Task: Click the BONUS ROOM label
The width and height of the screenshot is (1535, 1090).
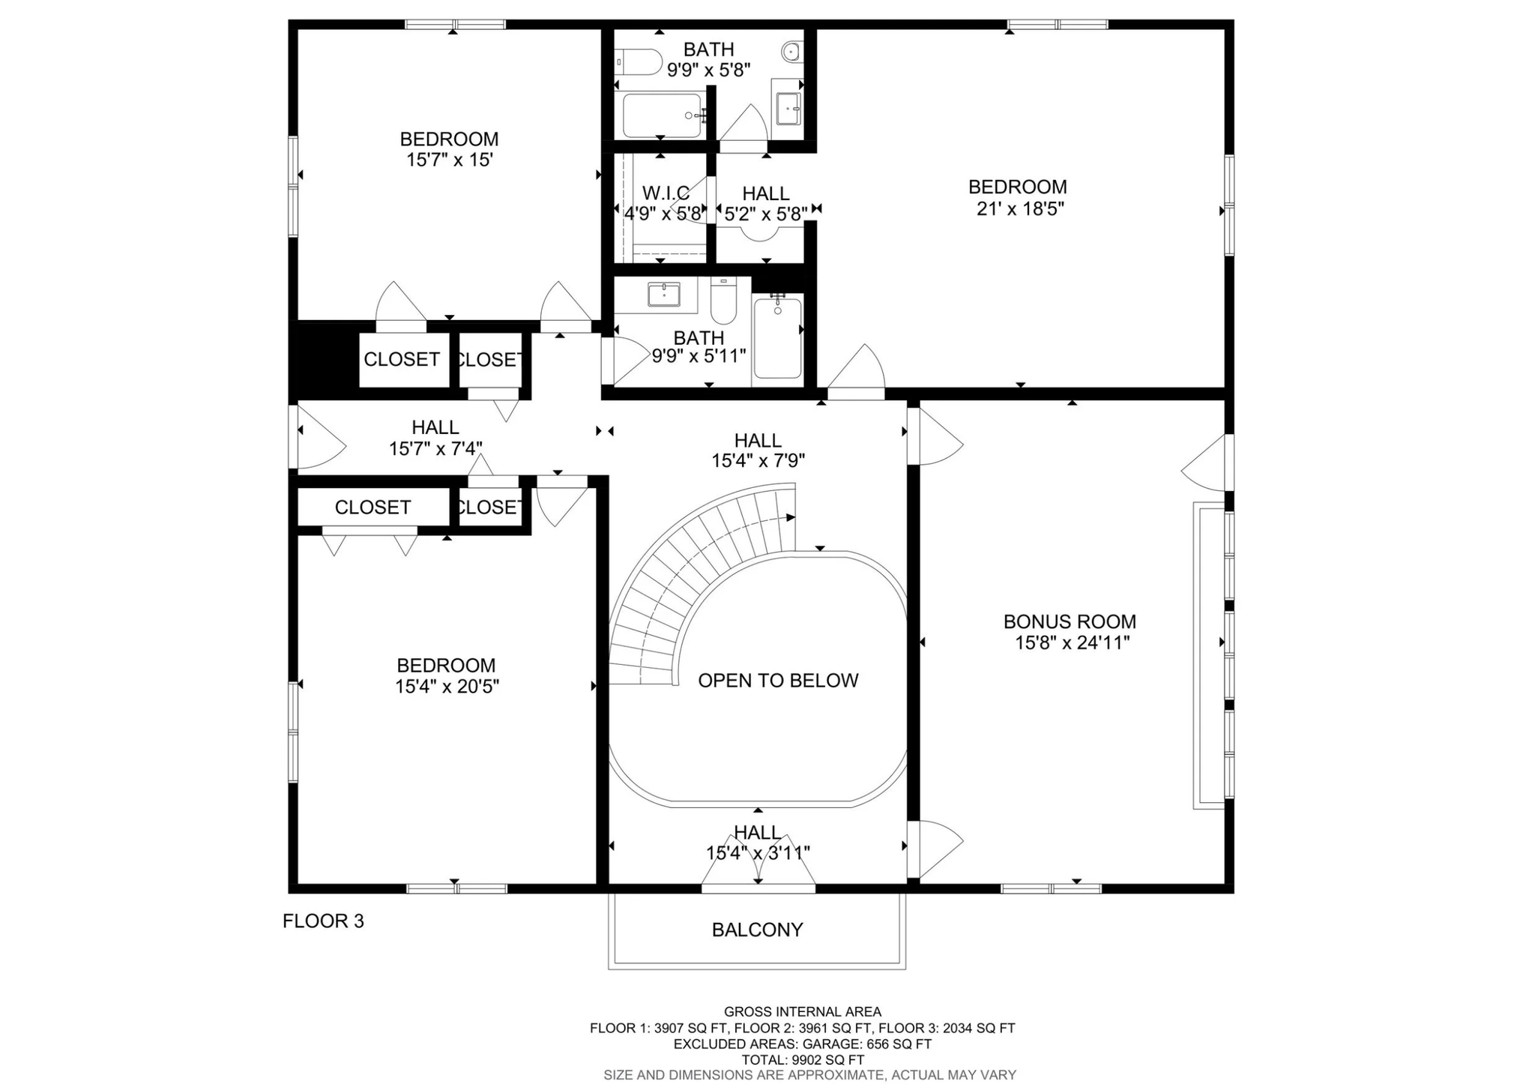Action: tap(1070, 621)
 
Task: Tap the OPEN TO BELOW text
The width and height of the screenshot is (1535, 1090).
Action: tap(778, 681)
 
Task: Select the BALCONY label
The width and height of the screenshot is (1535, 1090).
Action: tap(757, 930)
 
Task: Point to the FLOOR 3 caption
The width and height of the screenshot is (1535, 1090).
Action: tap(323, 921)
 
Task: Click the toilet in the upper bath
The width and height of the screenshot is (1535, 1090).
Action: tap(639, 62)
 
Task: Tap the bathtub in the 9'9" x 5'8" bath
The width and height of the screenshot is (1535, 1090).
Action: tap(663, 115)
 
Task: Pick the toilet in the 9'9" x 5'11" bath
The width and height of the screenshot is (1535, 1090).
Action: tap(723, 300)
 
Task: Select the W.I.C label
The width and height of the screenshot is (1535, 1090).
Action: tap(666, 193)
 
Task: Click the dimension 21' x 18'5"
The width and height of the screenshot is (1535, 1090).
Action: tap(1020, 208)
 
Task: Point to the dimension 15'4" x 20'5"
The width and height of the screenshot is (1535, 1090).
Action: tap(447, 686)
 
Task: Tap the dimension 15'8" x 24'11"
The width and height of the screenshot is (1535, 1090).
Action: tap(1073, 642)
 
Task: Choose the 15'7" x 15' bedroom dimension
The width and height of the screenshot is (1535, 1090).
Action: tap(449, 160)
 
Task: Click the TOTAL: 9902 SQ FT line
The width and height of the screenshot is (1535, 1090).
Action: tap(803, 1060)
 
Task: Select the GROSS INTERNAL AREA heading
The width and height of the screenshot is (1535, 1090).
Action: tap(803, 1012)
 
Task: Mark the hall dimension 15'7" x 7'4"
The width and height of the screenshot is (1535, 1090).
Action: tap(435, 448)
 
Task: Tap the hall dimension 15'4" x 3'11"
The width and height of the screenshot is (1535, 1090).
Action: tap(758, 853)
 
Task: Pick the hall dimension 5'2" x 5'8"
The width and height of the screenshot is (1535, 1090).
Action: tap(766, 214)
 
